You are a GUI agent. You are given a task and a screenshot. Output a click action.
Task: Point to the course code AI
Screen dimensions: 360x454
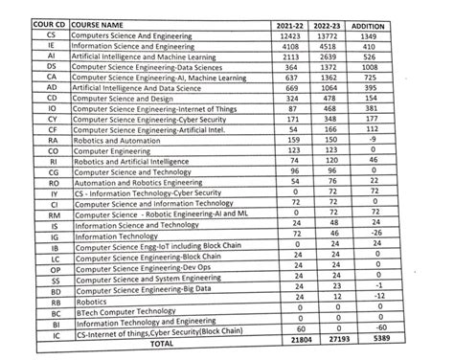coord(50,56)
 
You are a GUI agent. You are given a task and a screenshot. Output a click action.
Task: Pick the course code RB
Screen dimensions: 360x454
coord(50,298)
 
